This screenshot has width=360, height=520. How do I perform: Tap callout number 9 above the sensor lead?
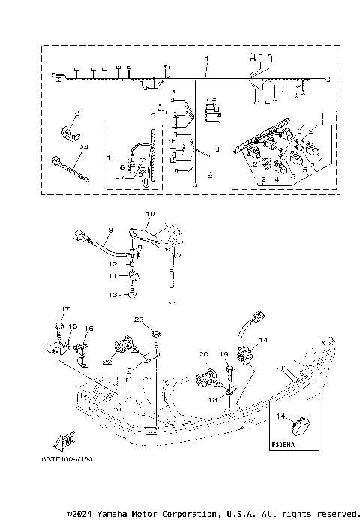109,230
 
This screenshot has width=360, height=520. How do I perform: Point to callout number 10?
149,215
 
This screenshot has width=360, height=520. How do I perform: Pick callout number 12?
112,264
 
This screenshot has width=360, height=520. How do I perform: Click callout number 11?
112,276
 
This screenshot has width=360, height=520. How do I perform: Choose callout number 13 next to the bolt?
112,296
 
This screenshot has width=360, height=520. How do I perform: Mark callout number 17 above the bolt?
65,309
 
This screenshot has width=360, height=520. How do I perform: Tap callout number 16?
89,329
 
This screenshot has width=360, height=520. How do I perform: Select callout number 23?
138,320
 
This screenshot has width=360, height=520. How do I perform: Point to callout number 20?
202,354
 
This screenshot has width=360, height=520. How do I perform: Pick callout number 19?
223,353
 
